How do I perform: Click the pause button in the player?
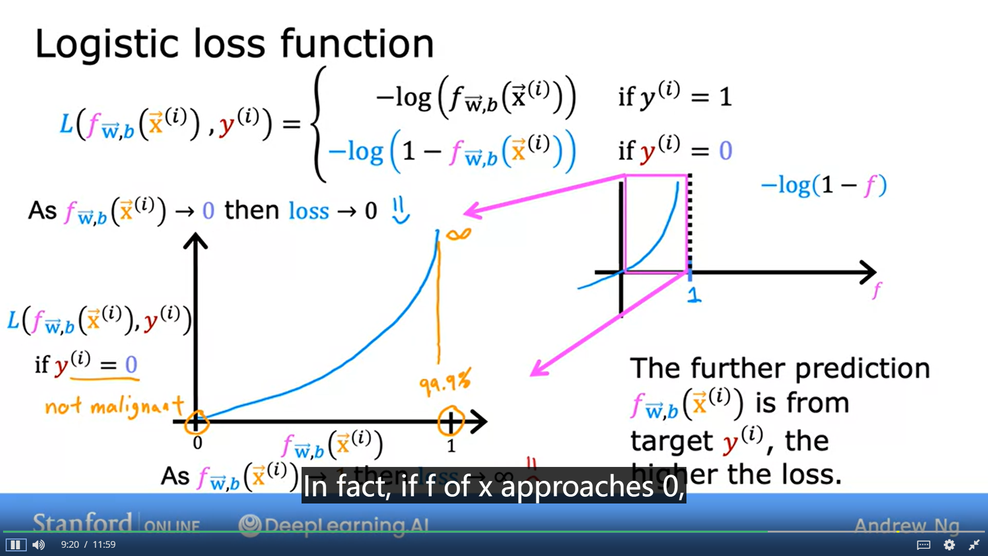click(15, 545)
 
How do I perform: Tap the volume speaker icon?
click(39, 545)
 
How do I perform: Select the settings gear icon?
click(949, 545)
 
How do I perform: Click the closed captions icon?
click(924, 545)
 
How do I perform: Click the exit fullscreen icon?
click(974, 545)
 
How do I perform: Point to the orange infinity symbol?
click(458, 235)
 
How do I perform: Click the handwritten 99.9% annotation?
click(445, 382)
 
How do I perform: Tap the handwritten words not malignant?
click(114, 407)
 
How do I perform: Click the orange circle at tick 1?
click(451, 421)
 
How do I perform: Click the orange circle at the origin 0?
click(196, 422)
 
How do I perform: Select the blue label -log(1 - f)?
click(823, 185)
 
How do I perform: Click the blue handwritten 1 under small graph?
click(694, 294)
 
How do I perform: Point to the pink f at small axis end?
click(876, 290)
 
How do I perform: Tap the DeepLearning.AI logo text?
click(334, 525)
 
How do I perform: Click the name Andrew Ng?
click(907, 526)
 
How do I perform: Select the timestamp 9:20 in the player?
click(70, 545)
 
